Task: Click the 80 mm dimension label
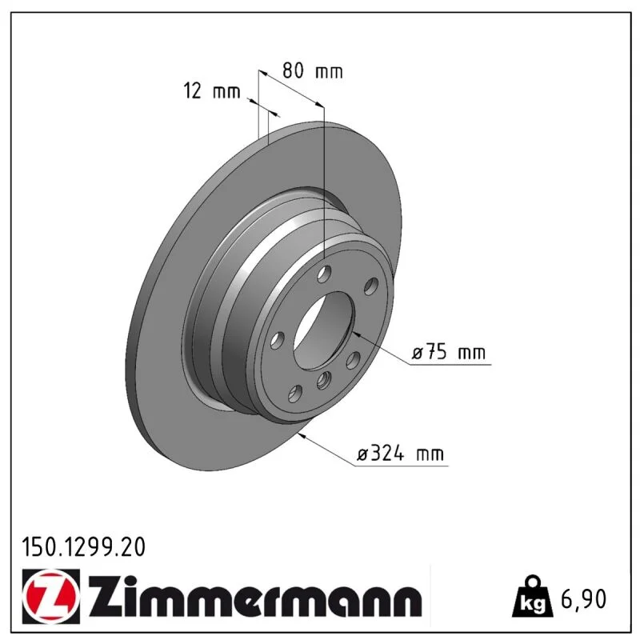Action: point(313,70)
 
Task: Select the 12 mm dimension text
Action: point(212,90)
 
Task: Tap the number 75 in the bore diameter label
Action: point(436,352)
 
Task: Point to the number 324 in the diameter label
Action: point(387,454)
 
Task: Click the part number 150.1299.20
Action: point(84,547)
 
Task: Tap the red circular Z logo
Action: point(51,596)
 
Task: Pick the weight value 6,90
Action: point(584,598)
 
